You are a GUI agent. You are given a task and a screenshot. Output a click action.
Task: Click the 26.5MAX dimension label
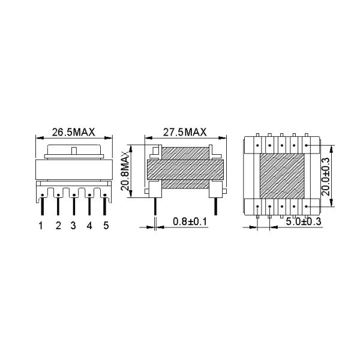click(x=73, y=132)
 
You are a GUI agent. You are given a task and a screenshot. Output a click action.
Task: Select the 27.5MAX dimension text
click(x=185, y=132)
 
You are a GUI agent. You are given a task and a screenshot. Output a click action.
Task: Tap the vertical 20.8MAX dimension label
click(x=126, y=170)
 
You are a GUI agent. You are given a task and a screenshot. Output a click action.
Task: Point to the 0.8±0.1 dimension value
click(x=190, y=222)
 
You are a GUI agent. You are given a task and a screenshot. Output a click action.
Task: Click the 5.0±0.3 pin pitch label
click(x=304, y=222)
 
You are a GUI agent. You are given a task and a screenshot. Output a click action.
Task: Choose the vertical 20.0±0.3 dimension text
click(x=326, y=176)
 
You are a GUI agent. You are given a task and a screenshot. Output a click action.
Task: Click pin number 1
click(x=41, y=226)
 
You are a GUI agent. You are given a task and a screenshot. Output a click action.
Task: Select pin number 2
click(x=58, y=226)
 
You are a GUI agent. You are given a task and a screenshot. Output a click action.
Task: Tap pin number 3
click(x=73, y=226)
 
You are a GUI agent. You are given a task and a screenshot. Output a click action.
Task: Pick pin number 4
click(x=89, y=226)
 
